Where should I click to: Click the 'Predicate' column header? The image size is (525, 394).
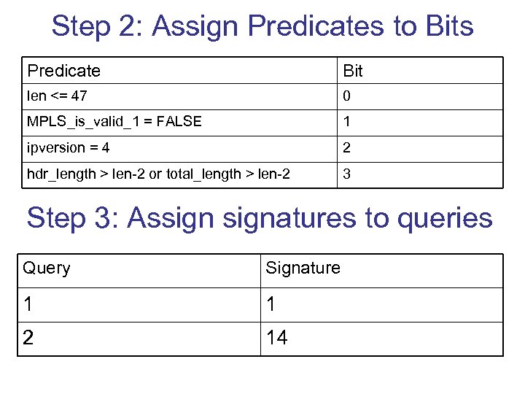(x=63, y=71)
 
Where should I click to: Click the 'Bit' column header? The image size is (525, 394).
(x=353, y=71)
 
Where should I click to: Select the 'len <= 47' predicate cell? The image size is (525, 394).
(x=58, y=96)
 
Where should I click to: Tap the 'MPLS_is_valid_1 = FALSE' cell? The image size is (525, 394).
(x=114, y=122)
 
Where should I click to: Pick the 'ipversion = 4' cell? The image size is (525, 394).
(x=69, y=148)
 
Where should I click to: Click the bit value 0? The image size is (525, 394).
(x=347, y=96)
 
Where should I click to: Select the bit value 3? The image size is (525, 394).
(x=347, y=175)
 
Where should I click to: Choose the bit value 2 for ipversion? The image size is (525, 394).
(x=347, y=148)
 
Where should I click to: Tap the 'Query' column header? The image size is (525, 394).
(x=47, y=268)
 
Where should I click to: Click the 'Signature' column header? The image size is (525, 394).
(x=303, y=268)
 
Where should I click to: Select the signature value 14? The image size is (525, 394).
(x=277, y=338)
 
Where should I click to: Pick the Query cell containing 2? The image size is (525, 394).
(x=28, y=338)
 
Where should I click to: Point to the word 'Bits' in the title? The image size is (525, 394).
(x=446, y=27)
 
